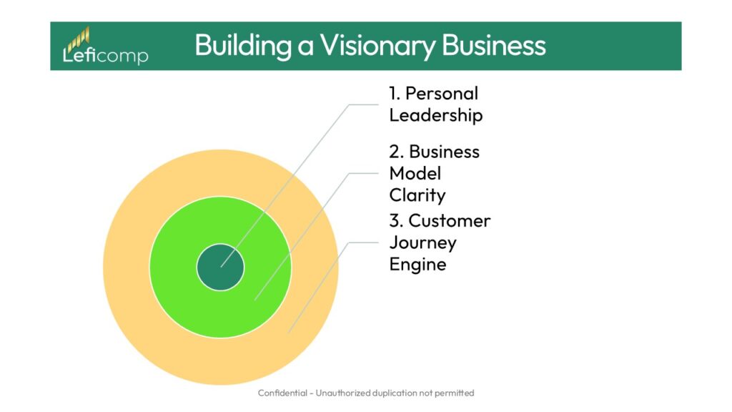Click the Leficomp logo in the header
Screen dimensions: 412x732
[105, 48]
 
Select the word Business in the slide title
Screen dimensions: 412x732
[493, 45]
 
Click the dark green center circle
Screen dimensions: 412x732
[220, 267]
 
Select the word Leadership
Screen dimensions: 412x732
[436, 115]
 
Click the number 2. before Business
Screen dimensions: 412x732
[397, 152]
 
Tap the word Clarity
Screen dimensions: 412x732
[417, 195]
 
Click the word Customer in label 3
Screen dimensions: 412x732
[450, 220]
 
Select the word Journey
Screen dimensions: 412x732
[422, 242]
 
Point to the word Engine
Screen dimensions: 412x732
[417, 264]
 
